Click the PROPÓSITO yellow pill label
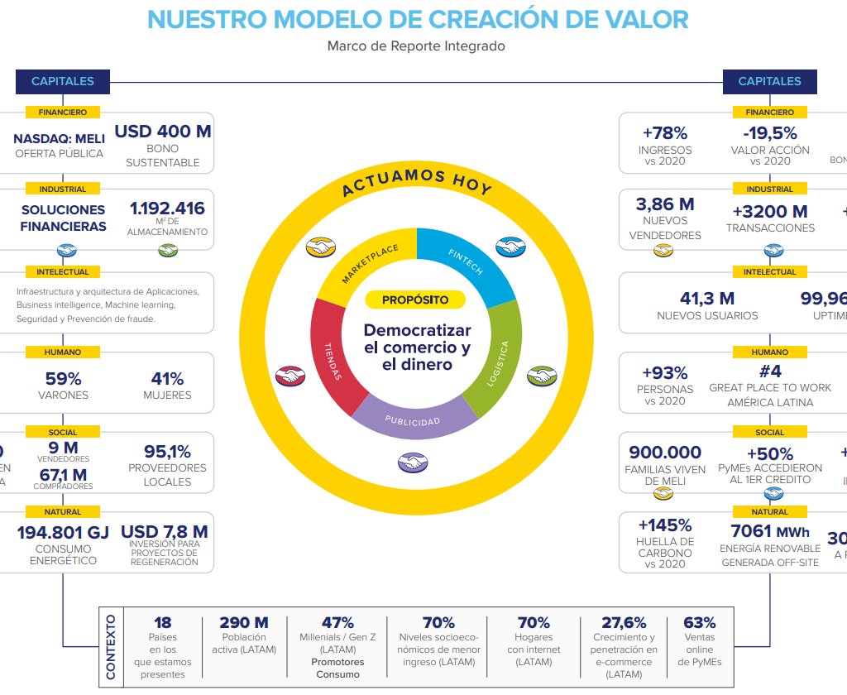[415, 300]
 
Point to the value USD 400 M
[163, 132]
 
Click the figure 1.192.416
[167, 208]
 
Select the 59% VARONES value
[63, 379]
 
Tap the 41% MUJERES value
[167, 379]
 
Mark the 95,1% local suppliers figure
[167, 452]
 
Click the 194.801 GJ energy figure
[63, 532]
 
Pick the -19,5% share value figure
[770, 132]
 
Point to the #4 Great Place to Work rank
[770, 371]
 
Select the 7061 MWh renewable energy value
[770, 531]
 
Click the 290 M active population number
[244, 622]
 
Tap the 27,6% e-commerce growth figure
[624, 622]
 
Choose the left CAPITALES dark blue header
[63, 81]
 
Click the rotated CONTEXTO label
[112, 646]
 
